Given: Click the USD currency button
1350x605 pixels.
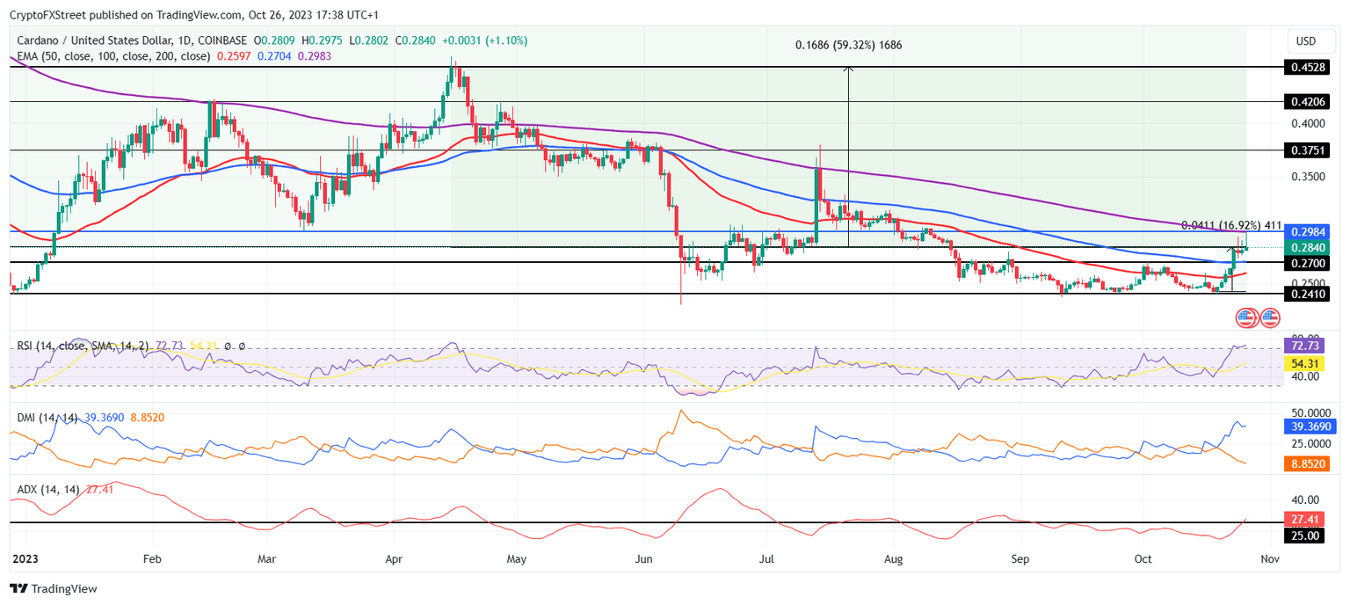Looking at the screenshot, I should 1306,41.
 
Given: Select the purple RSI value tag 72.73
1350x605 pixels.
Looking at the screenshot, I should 1304,346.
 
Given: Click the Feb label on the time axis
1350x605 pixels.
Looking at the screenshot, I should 152,558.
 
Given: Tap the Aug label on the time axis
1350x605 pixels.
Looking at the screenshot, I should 894,558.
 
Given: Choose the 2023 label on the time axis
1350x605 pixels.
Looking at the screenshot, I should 18,558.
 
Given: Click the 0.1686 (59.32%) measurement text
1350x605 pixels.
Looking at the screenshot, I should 848,45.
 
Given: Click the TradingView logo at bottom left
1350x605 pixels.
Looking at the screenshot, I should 54,588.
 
